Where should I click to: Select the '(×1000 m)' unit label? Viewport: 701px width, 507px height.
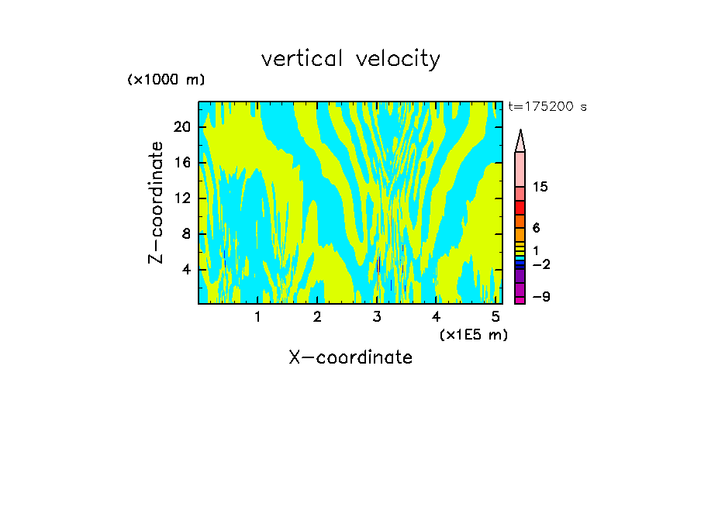(166, 80)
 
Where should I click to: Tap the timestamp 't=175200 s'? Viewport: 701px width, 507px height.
(547, 107)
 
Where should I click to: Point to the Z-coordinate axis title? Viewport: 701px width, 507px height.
(157, 202)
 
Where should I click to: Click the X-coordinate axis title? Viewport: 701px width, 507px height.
(350, 357)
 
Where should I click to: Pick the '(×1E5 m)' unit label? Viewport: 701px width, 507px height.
(473, 334)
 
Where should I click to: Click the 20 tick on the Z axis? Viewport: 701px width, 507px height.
(182, 127)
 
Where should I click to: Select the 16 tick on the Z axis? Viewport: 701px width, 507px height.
(182, 163)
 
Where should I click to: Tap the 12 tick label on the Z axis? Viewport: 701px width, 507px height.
(182, 198)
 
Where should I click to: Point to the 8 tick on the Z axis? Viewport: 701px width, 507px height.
(186, 234)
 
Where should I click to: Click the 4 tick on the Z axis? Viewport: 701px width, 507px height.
(186, 270)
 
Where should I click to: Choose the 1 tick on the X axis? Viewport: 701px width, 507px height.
(257, 316)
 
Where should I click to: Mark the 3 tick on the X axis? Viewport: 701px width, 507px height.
(377, 316)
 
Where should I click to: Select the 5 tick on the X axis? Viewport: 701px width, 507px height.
(496, 316)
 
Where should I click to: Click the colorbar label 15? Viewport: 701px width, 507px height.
(540, 188)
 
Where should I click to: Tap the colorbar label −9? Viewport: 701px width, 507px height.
(540, 298)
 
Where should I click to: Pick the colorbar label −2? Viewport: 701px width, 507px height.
(540, 264)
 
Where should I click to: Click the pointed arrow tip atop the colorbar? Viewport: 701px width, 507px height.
(520, 133)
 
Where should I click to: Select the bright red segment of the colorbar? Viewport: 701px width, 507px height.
(520, 208)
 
